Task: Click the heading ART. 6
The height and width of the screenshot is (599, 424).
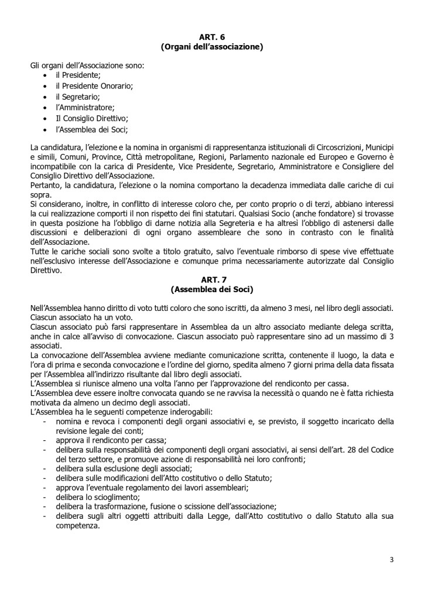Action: tap(211, 36)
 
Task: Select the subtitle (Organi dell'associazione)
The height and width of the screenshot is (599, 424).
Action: tap(211, 46)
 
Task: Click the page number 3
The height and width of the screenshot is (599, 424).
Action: tap(391, 559)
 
